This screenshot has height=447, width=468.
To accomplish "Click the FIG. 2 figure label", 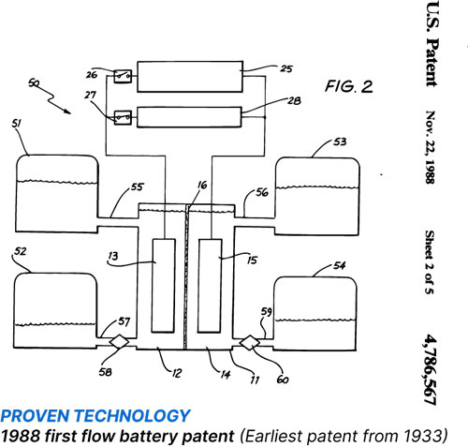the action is [349, 86].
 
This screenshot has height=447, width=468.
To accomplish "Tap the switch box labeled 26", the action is [123, 76].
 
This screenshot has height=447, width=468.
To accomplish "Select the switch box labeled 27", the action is [123, 118].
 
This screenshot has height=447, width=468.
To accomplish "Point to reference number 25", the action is [286, 68].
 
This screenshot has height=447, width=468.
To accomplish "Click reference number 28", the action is [294, 100].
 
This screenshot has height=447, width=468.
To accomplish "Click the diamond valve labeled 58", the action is [119, 341].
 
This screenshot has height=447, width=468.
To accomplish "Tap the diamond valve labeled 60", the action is [250, 343].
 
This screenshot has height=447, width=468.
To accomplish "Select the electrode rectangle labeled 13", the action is [163, 286].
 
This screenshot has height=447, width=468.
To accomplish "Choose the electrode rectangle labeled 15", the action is [210, 286].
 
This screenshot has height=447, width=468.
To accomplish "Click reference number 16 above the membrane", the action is [202, 186].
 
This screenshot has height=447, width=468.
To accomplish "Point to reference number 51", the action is [17, 124].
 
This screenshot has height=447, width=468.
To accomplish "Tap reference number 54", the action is [340, 265].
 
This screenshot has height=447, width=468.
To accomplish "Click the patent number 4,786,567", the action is [431, 369].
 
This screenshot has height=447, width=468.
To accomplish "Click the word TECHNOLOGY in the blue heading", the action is [132, 416].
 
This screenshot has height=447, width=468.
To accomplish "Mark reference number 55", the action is [137, 186].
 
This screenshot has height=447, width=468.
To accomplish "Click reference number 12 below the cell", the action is [176, 373].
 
